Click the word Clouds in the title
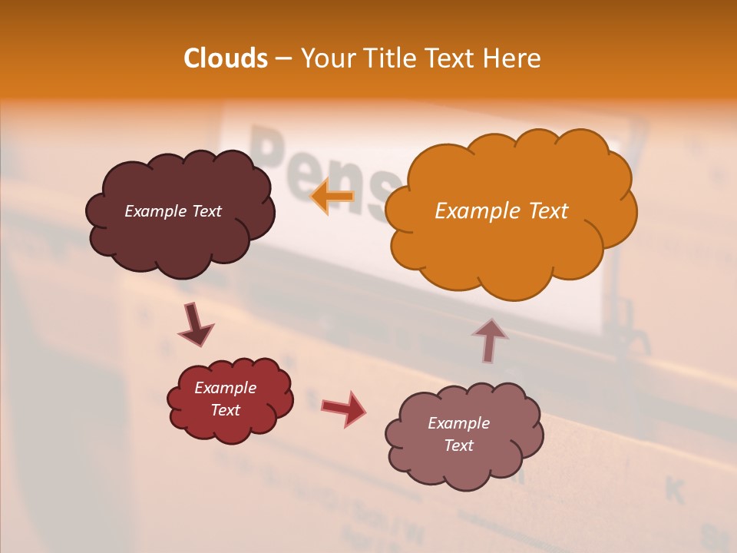pos(226,58)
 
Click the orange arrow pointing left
pos(332,197)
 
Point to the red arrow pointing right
pos(344,408)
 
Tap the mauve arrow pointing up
pos(490,340)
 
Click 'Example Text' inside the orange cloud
pos(501,211)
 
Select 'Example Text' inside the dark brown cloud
pos(173,211)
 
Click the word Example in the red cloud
pos(225,388)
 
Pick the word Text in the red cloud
pos(225,410)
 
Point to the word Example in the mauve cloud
pos(458,423)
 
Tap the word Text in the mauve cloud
pos(458,445)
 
